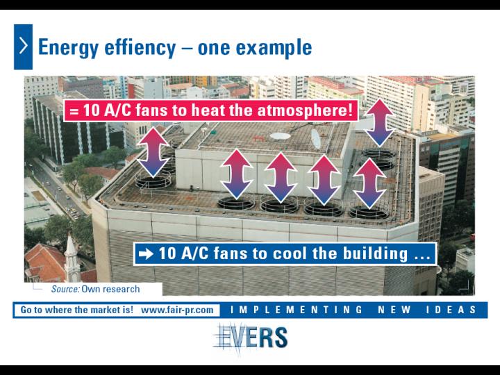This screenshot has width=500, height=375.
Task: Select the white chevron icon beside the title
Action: [x=24, y=47]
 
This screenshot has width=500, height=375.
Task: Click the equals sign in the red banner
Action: [x=74, y=111]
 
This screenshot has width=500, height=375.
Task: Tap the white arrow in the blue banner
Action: [x=146, y=254]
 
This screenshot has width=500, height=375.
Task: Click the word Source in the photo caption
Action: [x=65, y=289]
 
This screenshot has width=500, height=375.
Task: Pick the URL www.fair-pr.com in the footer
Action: [x=177, y=310]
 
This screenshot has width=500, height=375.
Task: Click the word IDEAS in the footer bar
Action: [x=451, y=310]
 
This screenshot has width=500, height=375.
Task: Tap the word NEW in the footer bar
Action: [x=394, y=310]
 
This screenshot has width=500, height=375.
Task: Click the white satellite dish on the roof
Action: [x=315, y=139]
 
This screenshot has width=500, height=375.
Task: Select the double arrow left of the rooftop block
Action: [x=153, y=152]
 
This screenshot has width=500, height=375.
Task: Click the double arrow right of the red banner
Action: [x=379, y=122]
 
